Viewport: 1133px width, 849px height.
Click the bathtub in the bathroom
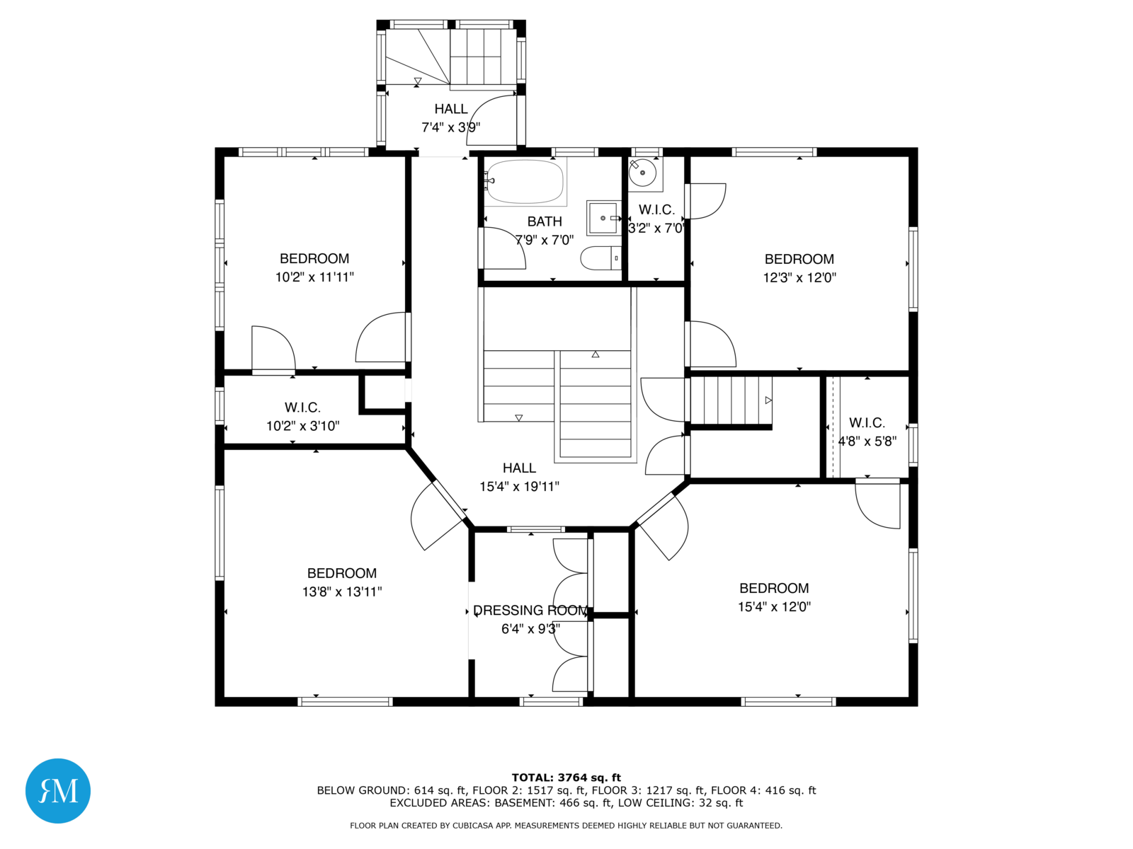pyautogui.click(x=525, y=181)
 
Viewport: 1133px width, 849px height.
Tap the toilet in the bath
pyautogui.click(x=600, y=258)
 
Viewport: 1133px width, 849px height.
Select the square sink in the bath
pyautogui.click(x=603, y=218)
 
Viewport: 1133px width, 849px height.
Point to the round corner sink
pyautogui.click(x=643, y=173)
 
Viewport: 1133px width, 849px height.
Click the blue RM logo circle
pyautogui.click(x=58, y=790)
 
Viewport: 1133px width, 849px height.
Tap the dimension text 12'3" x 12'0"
pyautogui.click(x=799, y=277)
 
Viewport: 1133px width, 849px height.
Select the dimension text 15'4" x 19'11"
pyautogui.click(x=519, y=486)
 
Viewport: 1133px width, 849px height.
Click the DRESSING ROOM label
pyautogui.click(x=530, y=611)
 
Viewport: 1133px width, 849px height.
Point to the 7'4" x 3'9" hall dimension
pyautogui.click(x=450, y=127)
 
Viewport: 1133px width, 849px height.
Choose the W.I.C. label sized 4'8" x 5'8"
pyautogui.click(x=867, y=422)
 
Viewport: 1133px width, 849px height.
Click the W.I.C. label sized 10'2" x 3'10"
pyautogui.click(x=302, y=408)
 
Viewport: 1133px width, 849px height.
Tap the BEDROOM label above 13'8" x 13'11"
pyautogui.click(x=342, y=572)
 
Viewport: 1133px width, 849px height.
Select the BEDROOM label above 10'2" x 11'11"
pyautogui.click(x=314, y=258)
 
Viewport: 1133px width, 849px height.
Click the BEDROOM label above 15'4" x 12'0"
pyautogui.click(x=774, y=588)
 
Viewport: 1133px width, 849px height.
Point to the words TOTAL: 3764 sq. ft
pyautogui.click(x=566, y=778)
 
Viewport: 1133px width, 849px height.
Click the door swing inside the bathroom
pyautogui.click(x=503, y=248)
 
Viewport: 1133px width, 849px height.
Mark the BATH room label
pyautogui.click(x=545, y=221)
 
